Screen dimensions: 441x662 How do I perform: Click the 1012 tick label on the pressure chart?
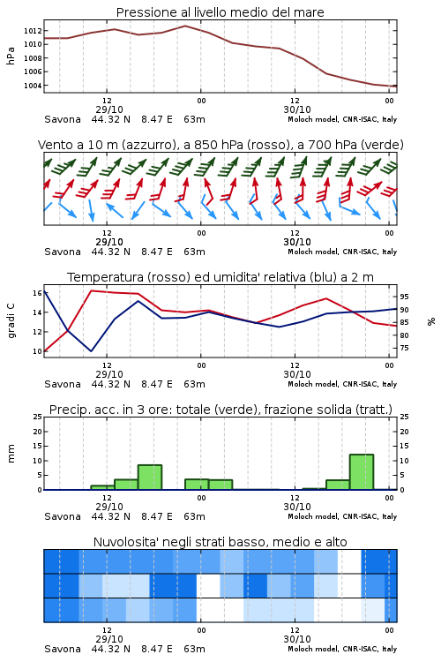(33, 31)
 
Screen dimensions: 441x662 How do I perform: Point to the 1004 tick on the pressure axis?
(33, 86)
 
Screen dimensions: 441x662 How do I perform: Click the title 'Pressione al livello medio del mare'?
(220, 12)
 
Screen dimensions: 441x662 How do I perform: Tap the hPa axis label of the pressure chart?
(11, 56)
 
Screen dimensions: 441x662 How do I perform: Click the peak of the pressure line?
(185, 26)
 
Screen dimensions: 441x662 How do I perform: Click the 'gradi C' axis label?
(11, 321)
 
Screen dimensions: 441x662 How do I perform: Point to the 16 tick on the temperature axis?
(37, 293)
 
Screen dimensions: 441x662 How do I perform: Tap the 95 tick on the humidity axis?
(404, 297)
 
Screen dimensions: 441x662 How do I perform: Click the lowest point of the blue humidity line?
(91, 350)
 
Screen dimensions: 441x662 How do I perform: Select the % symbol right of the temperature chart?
(431, 321)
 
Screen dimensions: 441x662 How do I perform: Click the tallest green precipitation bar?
(362, 472)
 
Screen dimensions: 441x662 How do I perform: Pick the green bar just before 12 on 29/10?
(102, 487)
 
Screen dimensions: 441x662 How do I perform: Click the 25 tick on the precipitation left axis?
(37, 417)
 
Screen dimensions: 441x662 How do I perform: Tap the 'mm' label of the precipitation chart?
(11, 454)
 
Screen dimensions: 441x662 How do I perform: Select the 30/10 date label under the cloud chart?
(297, 639)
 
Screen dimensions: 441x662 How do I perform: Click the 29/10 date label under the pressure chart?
(109, 109)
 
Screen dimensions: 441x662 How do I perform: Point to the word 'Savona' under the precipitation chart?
(63, 516)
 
